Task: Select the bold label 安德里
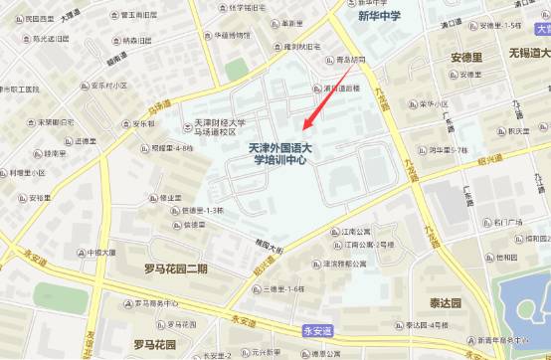pyautogui.click(x=465, y=57)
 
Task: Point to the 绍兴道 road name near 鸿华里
pyautogui.click(x=489, y=161)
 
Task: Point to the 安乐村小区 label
pyautogui.click(x=107, y=86)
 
